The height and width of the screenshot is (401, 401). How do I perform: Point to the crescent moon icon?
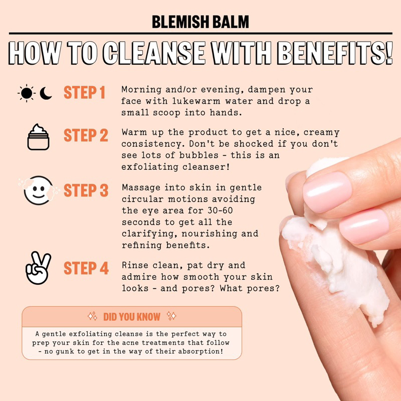coord(46,93)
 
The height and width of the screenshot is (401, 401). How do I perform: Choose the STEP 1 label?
coord(84,93)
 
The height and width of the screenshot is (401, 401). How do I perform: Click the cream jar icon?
coord(38,136)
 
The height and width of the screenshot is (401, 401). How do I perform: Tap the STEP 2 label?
coord(86,135)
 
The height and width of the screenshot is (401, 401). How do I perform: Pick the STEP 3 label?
coord(86,190)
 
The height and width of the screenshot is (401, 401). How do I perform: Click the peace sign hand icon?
coord(38,268)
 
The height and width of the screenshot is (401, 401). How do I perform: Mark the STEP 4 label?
coord(86,268)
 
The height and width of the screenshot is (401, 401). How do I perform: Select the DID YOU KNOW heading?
coord(131,317)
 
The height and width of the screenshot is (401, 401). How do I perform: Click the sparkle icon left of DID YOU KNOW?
coord(92,316)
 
